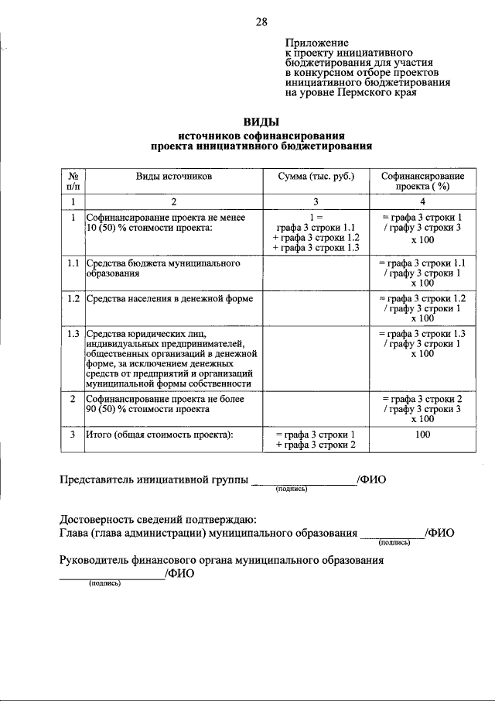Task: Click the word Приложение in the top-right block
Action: coord(316,43)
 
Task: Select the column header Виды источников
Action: coord(174,177)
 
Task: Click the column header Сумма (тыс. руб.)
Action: coord(316,177)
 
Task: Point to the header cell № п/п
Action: coord(73,181)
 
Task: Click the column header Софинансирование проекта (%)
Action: coord(422,181)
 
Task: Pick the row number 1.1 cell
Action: coord(73,263)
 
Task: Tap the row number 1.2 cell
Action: coord(73,298)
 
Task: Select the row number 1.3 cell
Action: coord(73,333)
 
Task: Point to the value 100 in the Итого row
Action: coord(422,435)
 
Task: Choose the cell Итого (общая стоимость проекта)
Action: coord(159,435)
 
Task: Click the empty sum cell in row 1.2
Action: coord(316,308)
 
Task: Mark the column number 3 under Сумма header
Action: coord(316,201)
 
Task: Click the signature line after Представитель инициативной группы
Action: coord(303,482)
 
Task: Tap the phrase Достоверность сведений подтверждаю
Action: coord(159,518)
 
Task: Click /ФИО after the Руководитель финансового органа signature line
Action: coord(179,574)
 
